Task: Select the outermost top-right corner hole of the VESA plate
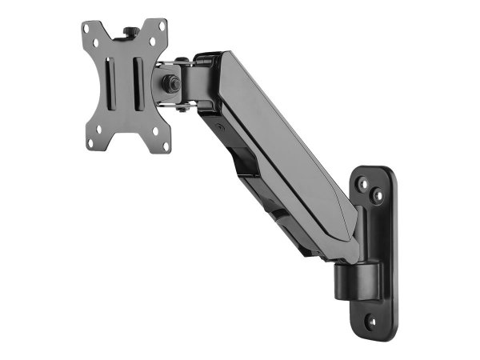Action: pos(163,26)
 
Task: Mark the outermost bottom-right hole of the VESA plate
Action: pos(165,143)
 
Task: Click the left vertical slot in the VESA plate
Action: pos(112,84)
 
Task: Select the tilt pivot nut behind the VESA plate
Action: pos(170,82)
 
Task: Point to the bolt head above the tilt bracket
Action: pos(182,60)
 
